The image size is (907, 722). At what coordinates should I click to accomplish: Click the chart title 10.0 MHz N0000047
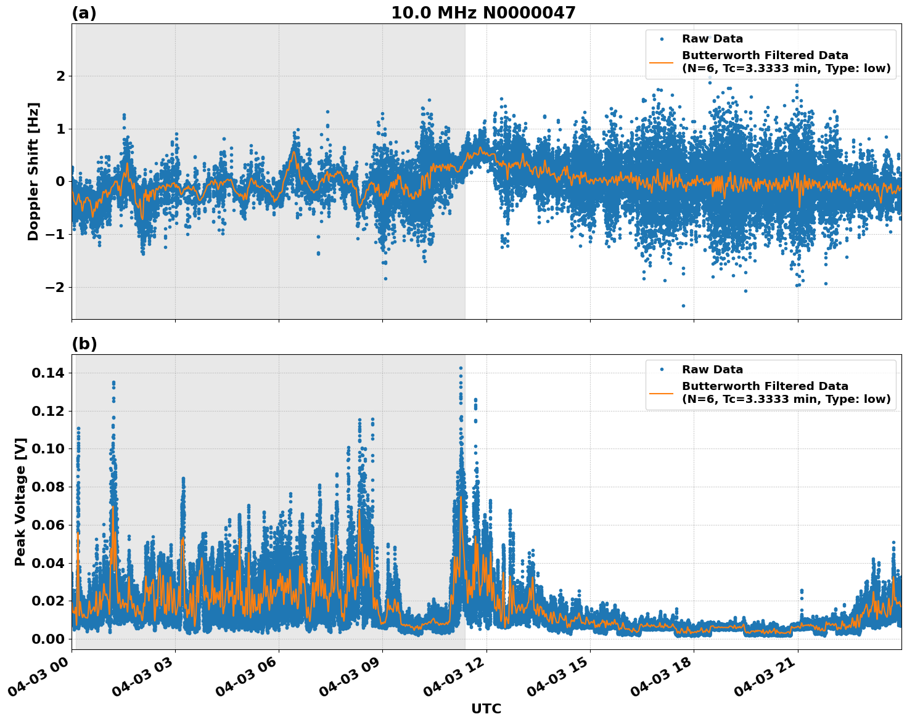tap(483, 13)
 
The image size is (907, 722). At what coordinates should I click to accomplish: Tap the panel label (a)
tap(84, 13)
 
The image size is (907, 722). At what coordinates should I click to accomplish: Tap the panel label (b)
tap(84, 344)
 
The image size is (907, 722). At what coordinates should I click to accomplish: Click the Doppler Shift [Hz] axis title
tap(33, 171)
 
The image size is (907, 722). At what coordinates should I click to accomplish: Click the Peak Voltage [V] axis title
tap(20, 502)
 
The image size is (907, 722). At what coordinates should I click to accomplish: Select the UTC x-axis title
tap(486, 708)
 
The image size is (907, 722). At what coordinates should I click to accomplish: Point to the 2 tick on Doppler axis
tap(60, 76)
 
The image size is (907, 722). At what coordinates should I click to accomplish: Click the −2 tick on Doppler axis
tap(55, 287)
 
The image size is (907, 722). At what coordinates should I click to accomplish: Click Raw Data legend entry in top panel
tap(712, 39)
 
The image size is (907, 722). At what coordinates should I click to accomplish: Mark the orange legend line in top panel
tap(662, 62)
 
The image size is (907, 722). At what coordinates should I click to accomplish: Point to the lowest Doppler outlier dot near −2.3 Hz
tap(683, 306)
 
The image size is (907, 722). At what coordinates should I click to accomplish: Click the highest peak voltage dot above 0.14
tap(461, 368)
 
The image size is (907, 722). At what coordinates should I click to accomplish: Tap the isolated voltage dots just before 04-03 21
tap(802, 593)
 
